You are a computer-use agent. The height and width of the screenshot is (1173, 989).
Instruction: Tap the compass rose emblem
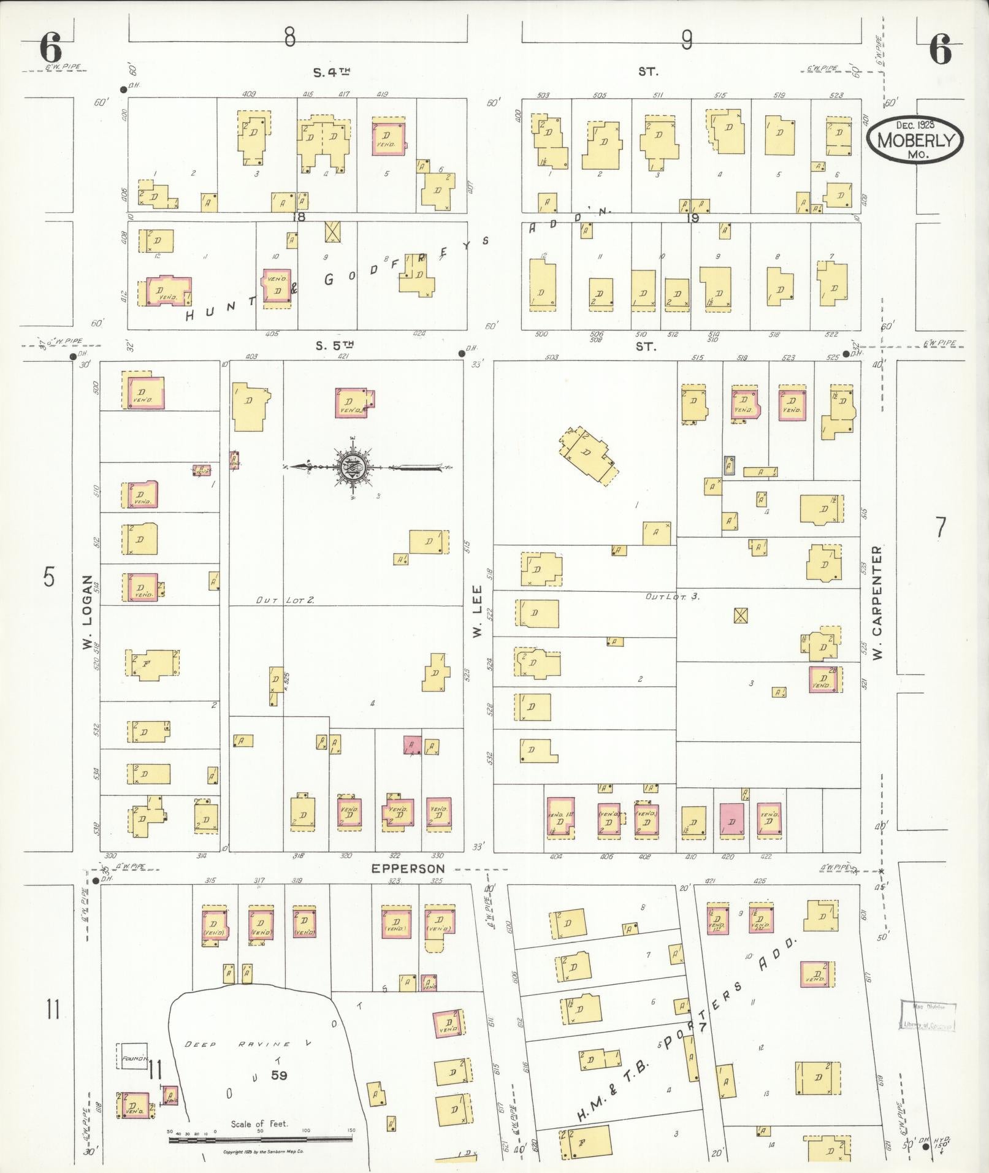click(x=353, y=468)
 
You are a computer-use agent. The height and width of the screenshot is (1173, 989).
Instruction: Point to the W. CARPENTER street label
click(x=877, y=603)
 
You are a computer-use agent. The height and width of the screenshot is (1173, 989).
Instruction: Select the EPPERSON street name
click(x=407, y=868)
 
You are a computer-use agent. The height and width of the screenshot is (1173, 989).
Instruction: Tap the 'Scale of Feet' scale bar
click(x=261, y=1139)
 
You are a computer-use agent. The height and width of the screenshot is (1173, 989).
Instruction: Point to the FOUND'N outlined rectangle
click(x=132, y=1057)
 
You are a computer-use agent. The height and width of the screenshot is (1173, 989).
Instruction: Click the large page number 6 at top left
click(x=51, y=48)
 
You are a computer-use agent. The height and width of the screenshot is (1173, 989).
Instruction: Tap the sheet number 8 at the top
click(x=289, y=38)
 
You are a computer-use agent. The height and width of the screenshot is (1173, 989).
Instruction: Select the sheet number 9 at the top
click(x=687, y=40)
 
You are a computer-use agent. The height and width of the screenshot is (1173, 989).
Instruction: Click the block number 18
click(x=299, y=216)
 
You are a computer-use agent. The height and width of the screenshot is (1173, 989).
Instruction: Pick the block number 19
click(x=693, y=216)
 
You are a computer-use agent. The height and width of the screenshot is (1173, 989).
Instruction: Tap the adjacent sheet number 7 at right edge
click(x=941, y=527)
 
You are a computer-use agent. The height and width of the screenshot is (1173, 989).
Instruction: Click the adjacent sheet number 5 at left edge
click(x=48, y=577)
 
